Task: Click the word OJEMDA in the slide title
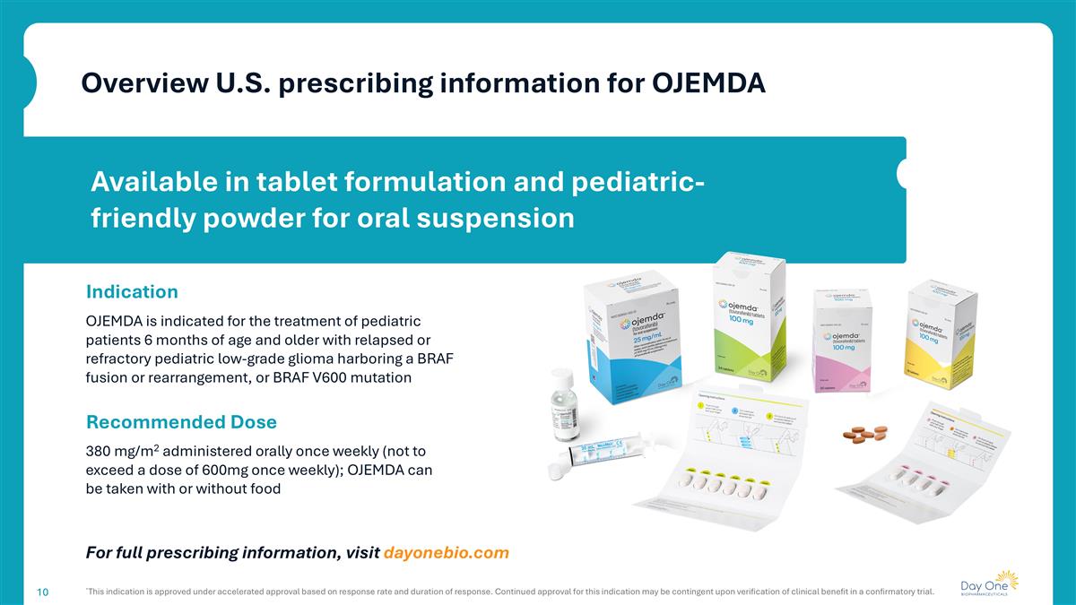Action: [708, 82]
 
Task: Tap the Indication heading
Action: [132, 291]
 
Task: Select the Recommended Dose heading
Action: [181, 421]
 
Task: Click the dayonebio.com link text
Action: [446, 552]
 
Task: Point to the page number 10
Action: [42, 592]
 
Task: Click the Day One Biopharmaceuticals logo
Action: [989, 583]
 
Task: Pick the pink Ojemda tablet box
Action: [843, 341]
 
